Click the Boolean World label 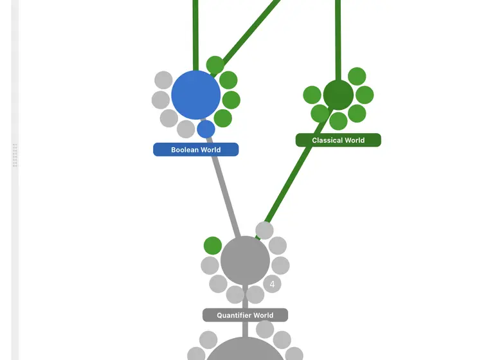click(x=196, y=150)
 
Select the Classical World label click(x=338, y=140)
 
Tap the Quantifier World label click(x=245, y=315)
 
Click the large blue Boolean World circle click(x=196, y=95)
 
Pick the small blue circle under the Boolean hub click(x=206, y=129)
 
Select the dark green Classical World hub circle click(x=338, y=95)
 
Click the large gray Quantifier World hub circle click(x=245, y=260)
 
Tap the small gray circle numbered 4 click(x=272, y=284)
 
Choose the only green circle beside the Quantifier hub click(x=213, y=246)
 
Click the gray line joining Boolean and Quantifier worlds click(x=224, y=187)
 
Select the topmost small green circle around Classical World click(x=357, y=76)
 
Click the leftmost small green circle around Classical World click(x=312, y=94)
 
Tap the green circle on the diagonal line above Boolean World click(x=215, y=65)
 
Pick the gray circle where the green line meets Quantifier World click(x=264, y=230)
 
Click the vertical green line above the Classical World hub click(x=338, y=40)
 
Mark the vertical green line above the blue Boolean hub click(x=196, y=35)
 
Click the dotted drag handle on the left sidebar click(x=15, y=155)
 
